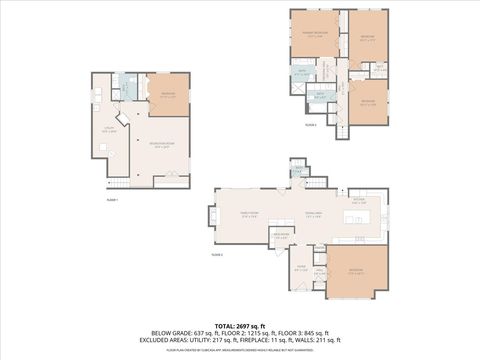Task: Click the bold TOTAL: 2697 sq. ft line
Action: pyautogui.click(x=240, y=326)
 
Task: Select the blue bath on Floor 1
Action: pyautogui.click(x=126, y=87)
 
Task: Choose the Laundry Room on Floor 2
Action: pyautogui.click(x=281, y=236)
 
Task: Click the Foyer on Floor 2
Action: pyautogui.click(x=301, y=267)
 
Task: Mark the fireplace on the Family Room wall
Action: pyautogui.click(x=213, y=214)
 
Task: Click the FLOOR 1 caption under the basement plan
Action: pyautogui.click(x=112, y=200)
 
